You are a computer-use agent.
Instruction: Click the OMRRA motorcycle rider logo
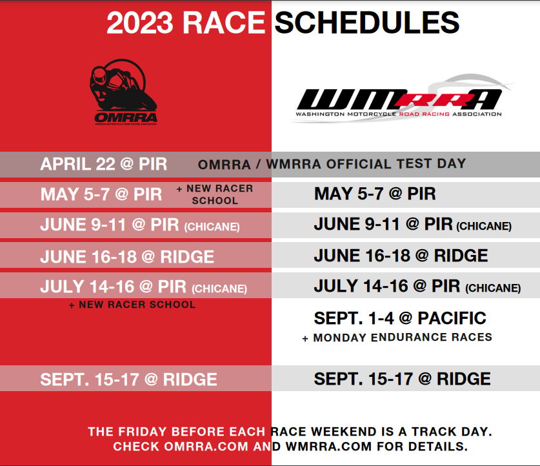click(x=123, y=92)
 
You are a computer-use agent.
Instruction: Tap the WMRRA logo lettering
click(x=399, y=99)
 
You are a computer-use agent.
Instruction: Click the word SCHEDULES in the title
click(x=366, y=23)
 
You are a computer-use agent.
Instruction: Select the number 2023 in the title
click(x=139, y=23)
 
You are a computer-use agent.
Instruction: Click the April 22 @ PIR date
click(x=104, y=164)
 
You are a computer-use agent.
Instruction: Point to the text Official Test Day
click(x=396, y=163)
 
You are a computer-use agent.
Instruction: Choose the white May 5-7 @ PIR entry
click(x=101, y=194)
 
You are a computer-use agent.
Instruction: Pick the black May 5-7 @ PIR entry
click(x=375, y=194)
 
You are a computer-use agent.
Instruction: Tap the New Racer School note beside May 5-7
click(x=215, y=195)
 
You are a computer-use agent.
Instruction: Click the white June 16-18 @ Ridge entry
click(x=127, y=257)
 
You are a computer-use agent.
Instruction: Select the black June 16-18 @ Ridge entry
click(x=401, y=256)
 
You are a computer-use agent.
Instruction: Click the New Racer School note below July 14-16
click(x=132, y=305)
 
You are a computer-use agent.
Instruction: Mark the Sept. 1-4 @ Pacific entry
click(x=400, y=318)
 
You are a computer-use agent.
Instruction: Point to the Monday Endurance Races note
click(x=397, y=338)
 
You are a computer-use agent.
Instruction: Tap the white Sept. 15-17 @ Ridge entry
click(x=128, y=380)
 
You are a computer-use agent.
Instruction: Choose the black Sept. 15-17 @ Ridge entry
click(x=402, y=379)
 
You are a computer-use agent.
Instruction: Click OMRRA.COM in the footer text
click(x=206, y=447)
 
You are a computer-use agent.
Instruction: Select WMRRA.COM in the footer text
click(x=329, y=447)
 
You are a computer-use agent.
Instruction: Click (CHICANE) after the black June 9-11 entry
click(x=484, y=227)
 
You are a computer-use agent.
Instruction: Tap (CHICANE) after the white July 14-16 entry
click(x=219, y=289)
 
